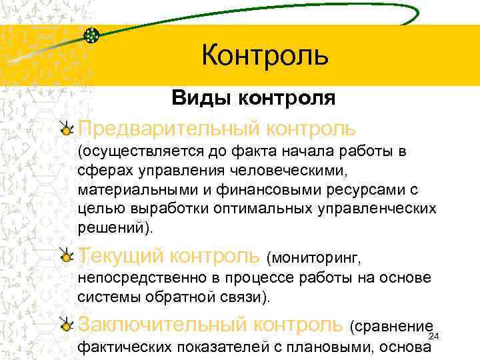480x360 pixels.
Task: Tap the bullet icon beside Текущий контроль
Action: tap(65, 255)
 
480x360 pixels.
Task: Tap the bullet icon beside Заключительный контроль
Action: tap(65, 325)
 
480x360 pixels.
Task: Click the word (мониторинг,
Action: tap(313, 257)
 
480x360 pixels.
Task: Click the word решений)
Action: tap(115, 227)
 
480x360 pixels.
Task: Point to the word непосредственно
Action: tap(135, 278)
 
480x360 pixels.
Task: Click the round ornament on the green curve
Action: tap(93, 35)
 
